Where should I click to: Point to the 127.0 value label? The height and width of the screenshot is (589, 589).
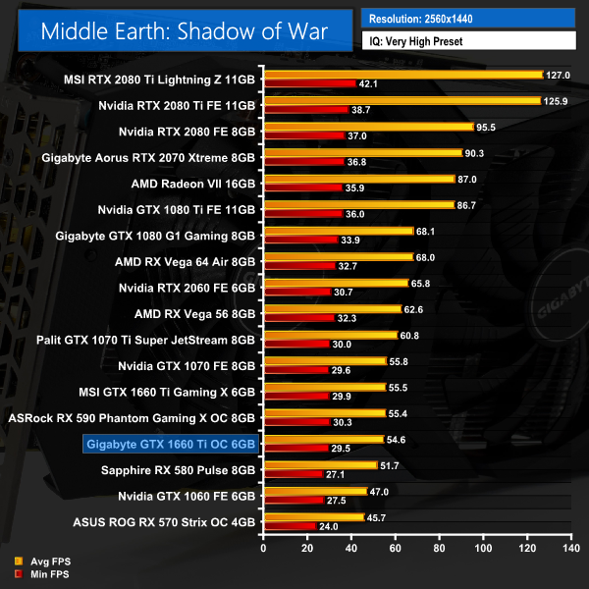(x=558, y=74)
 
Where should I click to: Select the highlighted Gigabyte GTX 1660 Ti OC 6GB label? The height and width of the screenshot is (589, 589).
(x=171, y=445)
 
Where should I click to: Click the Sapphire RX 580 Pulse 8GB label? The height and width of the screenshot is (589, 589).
(x=178, y=471)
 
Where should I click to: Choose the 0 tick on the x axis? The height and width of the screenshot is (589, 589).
(x=263, y=541)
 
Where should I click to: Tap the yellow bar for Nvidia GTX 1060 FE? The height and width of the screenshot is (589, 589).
(x=315, y=491)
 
